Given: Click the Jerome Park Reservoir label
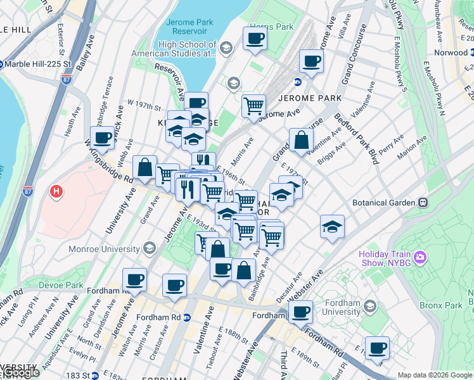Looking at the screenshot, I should pos(186,27).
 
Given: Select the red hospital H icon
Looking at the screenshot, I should pos(57,191).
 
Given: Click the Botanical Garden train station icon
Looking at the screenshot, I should pos(423,203).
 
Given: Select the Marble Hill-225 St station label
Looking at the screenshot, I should pos(37,64).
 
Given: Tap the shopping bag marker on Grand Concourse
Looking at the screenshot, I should pos(301,142).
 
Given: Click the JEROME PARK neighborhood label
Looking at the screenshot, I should pos(309,98).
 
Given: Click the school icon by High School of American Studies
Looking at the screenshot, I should pos(233,84).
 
